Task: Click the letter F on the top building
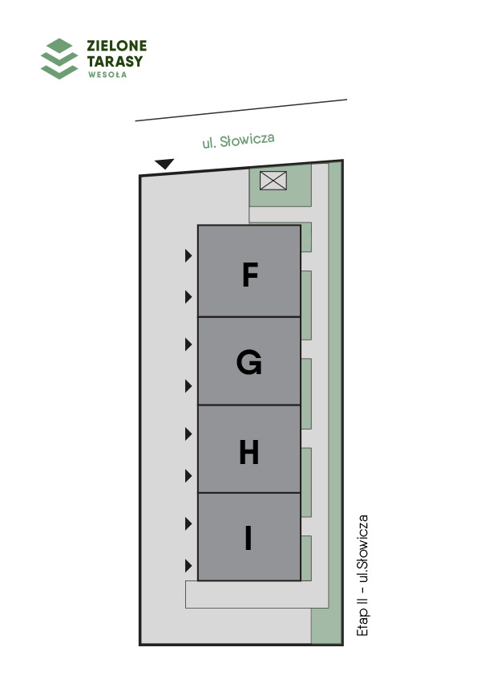point(250,275)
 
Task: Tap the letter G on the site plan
point(249,362)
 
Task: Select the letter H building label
point(249,452)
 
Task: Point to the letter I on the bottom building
point(248,538)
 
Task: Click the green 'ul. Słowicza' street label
point(239,140)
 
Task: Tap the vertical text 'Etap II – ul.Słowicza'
point(363,575)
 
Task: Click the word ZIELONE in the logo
point(117,46)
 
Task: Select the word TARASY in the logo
point(115,61)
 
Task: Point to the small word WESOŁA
point(107,75)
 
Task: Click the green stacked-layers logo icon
point(59,59)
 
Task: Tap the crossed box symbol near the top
point(273,180)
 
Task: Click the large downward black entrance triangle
point(164,164)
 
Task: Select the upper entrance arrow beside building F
point(188,255)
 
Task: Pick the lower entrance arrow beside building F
point(188,296)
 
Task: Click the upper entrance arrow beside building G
point(188,344)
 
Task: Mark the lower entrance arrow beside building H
point(188,476)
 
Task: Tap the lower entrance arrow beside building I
point(188,566)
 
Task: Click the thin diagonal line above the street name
point(241,110)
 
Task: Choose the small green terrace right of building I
point(306,558)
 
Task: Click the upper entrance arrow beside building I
point(188,523)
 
